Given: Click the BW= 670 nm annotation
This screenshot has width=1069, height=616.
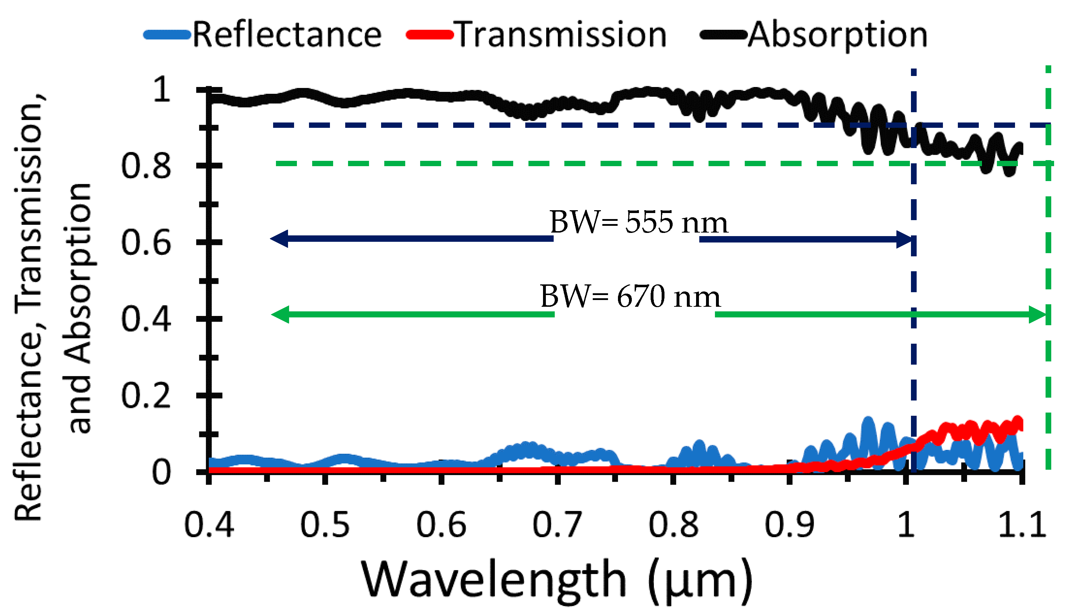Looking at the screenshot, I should point(630,296).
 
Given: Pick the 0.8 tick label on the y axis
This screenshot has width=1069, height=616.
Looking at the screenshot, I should point(146,166).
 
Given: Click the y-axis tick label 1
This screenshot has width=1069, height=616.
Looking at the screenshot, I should point(162,90).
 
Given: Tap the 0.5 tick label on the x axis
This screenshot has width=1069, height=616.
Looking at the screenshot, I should point(325,525).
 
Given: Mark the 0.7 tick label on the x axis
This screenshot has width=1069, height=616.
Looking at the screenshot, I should point(557,525).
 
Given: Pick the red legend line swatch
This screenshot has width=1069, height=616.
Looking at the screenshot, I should point(429,35).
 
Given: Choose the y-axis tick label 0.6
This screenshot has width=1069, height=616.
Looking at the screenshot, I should point(146,243).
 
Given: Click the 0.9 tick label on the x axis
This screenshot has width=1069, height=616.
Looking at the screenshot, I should point(789,525).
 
